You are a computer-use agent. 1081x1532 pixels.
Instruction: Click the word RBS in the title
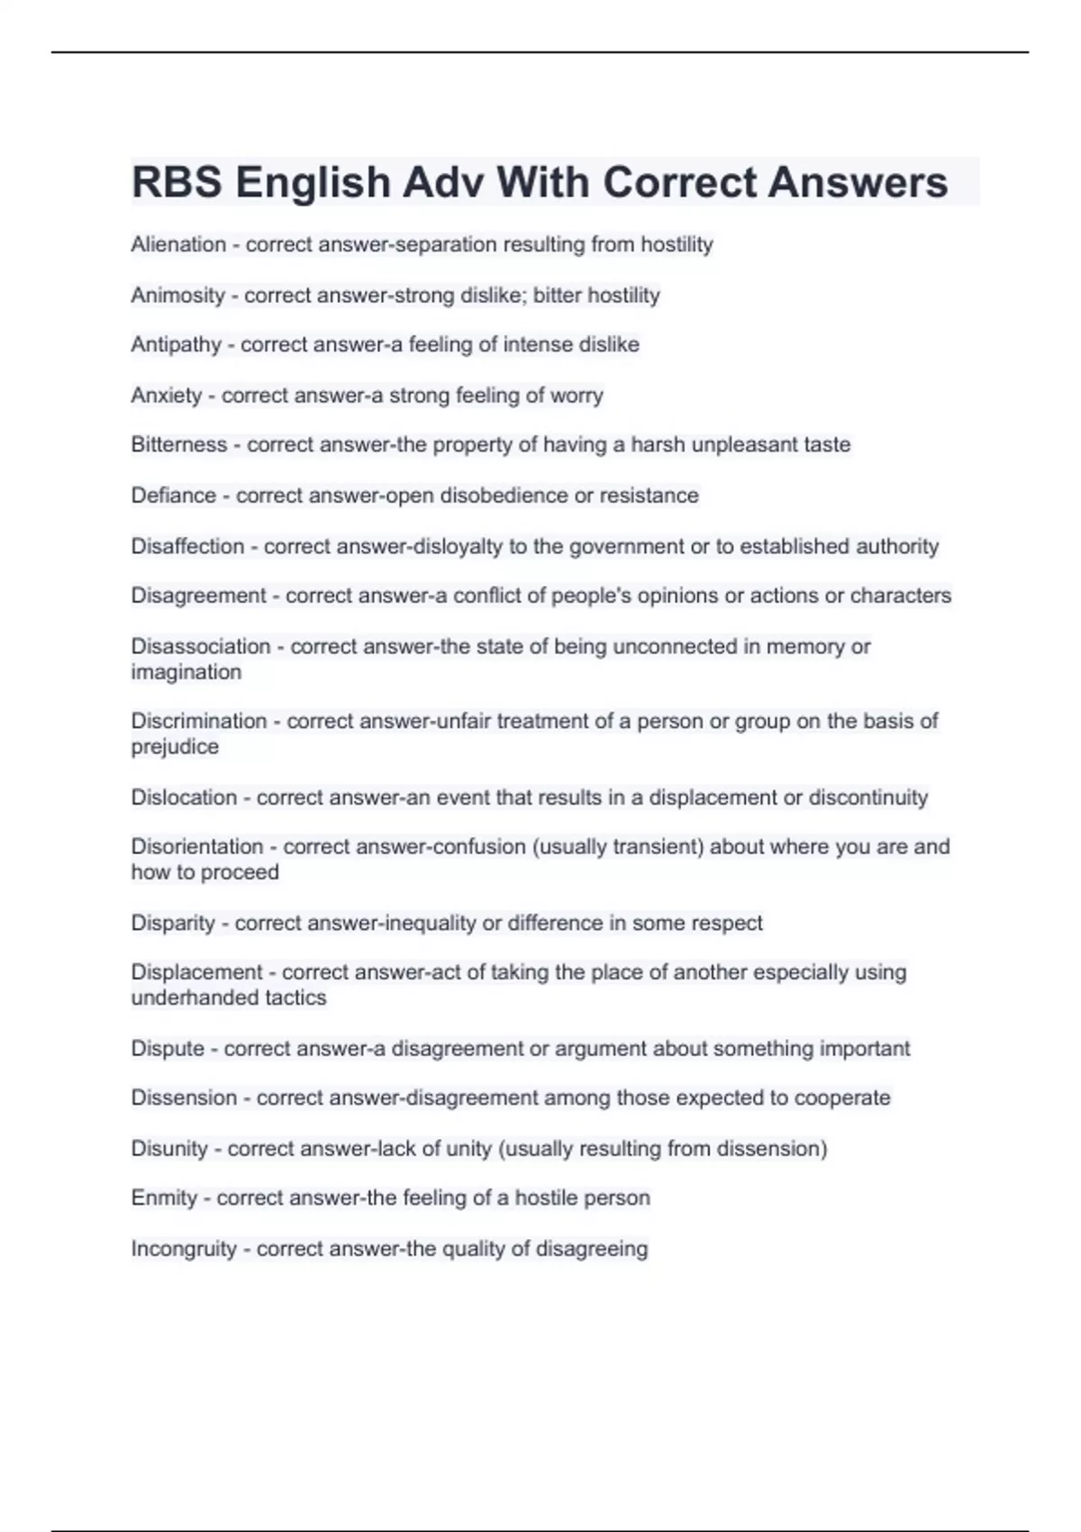[x=177, y=182]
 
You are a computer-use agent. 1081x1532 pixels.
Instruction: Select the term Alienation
[x=178, y=244]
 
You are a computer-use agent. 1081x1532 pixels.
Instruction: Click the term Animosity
[x=177, y=295]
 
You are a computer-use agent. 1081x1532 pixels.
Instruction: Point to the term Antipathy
[x=176, y=344]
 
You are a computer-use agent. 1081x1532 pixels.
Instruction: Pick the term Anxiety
[x=167, y=395]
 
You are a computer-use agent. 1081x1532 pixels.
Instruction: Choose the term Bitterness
[x=179, y=444]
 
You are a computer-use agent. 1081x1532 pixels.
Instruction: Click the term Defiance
[x=173, y=495]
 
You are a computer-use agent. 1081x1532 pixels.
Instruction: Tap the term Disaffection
[x=187, y=546]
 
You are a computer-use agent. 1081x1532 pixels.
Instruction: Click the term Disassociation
[x=201, y=646]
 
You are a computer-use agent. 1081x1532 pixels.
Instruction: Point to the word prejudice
[x=175, y=746]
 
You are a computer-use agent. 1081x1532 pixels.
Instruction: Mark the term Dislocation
[x=184, y=797]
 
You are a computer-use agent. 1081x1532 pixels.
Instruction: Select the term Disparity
[x=173, y=923]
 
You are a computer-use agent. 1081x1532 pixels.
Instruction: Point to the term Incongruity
[x=184, y=1248]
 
